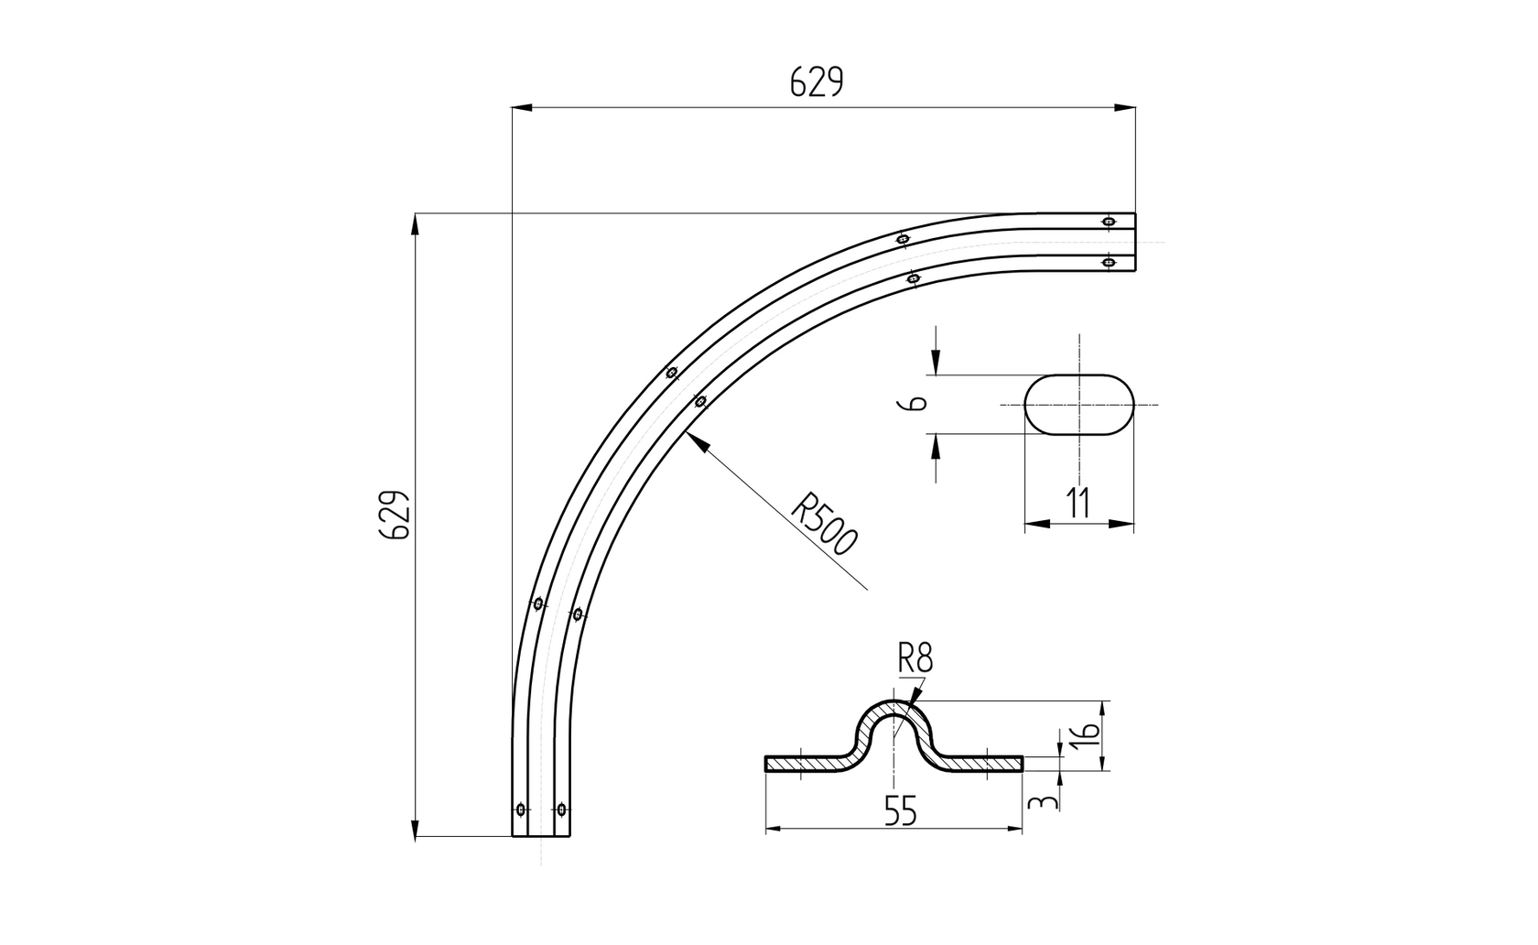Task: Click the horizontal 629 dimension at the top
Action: pyautogui.click(x=816, y=83)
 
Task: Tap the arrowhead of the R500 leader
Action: pyautogui.click(x=694, y=440)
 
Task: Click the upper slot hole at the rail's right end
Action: pyautogui.click(x=1109, y=221)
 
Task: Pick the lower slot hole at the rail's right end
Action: pyautogui.click(x=1109, y=263)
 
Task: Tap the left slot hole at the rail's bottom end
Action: pyautogui.click(x=521, y=809)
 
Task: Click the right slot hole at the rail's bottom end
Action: pyautogui.click(x=561, y=809)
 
